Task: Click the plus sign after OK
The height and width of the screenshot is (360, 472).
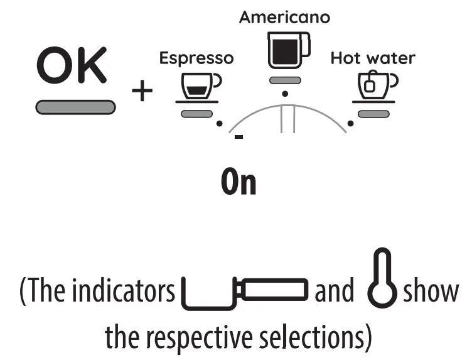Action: (x=142, y=92)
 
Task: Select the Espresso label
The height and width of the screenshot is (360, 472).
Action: (x=196, y=59)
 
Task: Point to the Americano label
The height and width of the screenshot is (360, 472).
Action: (x=284, y=18)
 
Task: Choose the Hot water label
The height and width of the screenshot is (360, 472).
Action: (x=373, y=59)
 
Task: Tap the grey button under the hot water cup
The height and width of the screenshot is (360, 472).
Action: (x=374, y=113)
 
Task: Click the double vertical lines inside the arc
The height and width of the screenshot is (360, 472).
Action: (x=288, y=119)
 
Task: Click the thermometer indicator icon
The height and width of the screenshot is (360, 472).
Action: (x=382, y=286)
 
